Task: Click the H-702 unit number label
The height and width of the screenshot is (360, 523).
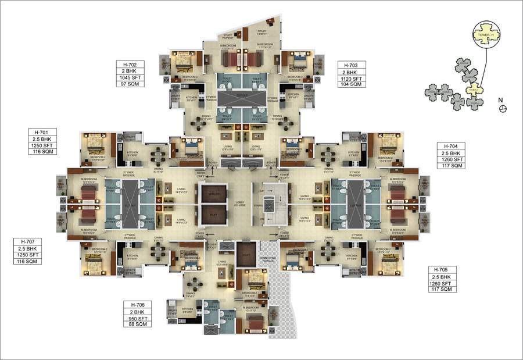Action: coord(130,64)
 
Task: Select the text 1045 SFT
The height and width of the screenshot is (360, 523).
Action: coord(130,77)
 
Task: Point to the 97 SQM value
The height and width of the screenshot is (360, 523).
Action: coord(130,84)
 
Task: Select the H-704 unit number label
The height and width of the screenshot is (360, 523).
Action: coord(450,145)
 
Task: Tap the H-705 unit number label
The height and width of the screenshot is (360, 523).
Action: coord(442,270)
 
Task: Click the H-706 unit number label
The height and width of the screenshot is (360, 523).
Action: coord(137,305)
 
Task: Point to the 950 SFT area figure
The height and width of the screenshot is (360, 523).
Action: coord(137,318)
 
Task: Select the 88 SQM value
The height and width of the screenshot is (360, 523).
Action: coord(137,325)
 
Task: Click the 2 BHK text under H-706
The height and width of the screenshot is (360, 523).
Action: coord(137,312)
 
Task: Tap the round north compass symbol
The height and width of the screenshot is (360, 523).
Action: coord(503,109)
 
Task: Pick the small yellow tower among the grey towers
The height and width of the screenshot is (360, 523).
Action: coord(476,88)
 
